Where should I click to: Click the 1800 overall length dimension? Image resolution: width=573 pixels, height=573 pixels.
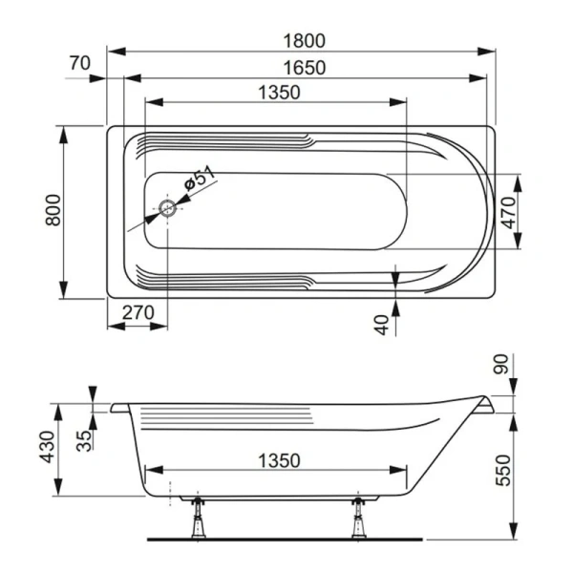(x=305, y=40)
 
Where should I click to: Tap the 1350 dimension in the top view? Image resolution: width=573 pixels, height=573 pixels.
(x=279, y=92)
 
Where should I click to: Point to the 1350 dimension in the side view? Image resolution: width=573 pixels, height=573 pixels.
(x=279, y=460)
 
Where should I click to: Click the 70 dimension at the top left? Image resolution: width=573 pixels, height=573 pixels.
(x=80, y=63)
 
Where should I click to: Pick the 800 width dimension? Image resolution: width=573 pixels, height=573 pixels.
(x=53, y=209)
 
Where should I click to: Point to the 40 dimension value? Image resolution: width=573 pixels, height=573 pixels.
(x=383, y=323)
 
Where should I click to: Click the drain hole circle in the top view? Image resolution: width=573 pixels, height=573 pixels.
(x=169, y=209)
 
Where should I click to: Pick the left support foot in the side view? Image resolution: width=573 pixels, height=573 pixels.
(x=199, y=517)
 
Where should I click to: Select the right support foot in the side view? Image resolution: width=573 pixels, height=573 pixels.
(x=359, y=517)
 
